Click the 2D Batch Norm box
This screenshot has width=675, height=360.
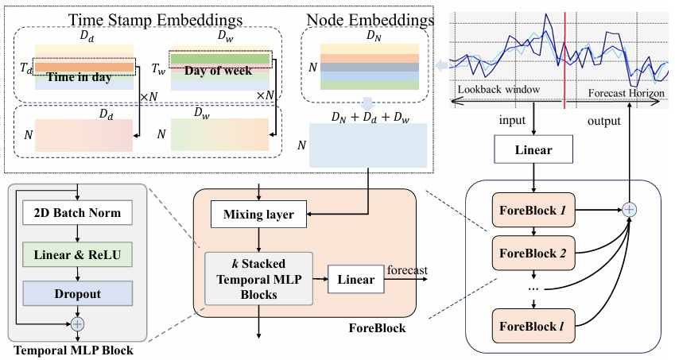(76, 215)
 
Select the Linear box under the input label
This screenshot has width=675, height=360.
(533, 149)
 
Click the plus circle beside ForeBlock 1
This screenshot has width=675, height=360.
(630, 209)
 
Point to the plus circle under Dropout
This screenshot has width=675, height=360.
(77, 323)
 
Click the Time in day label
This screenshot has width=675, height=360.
(79, 78)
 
